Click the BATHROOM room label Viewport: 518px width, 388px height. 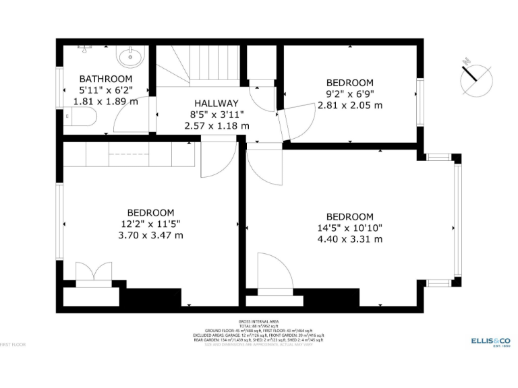[x=105, y=78]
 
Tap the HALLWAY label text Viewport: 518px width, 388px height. [x=217, y=103]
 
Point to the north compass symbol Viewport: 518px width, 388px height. [x=477, y=76]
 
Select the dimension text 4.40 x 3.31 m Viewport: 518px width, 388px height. [x=349, y=239]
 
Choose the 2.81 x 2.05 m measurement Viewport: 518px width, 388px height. [x=349, y=105]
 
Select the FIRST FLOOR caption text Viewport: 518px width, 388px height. [x=13, y=344]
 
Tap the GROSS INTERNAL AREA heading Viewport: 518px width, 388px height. [x=258, y=321]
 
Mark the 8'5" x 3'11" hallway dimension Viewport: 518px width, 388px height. [x=217, y=115]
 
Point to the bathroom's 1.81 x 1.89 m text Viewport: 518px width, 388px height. [x=105, y=101]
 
